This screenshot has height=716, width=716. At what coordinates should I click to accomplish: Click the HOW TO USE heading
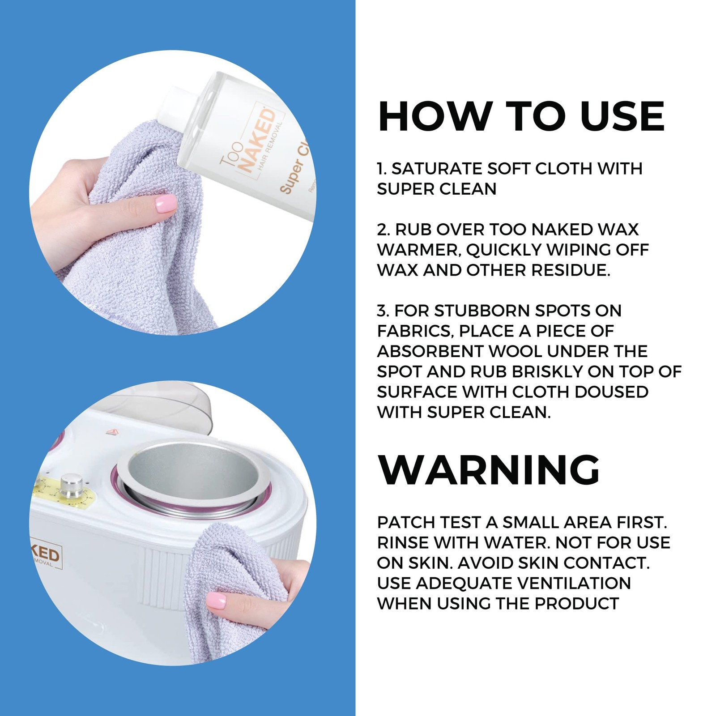[x=521, y=116]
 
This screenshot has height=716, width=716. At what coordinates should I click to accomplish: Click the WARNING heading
[x=489, y=469]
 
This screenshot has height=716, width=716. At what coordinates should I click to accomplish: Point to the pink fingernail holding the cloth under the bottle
[x=165, y=204]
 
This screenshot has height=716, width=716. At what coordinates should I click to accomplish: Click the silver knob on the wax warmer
[x=70, y=486]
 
